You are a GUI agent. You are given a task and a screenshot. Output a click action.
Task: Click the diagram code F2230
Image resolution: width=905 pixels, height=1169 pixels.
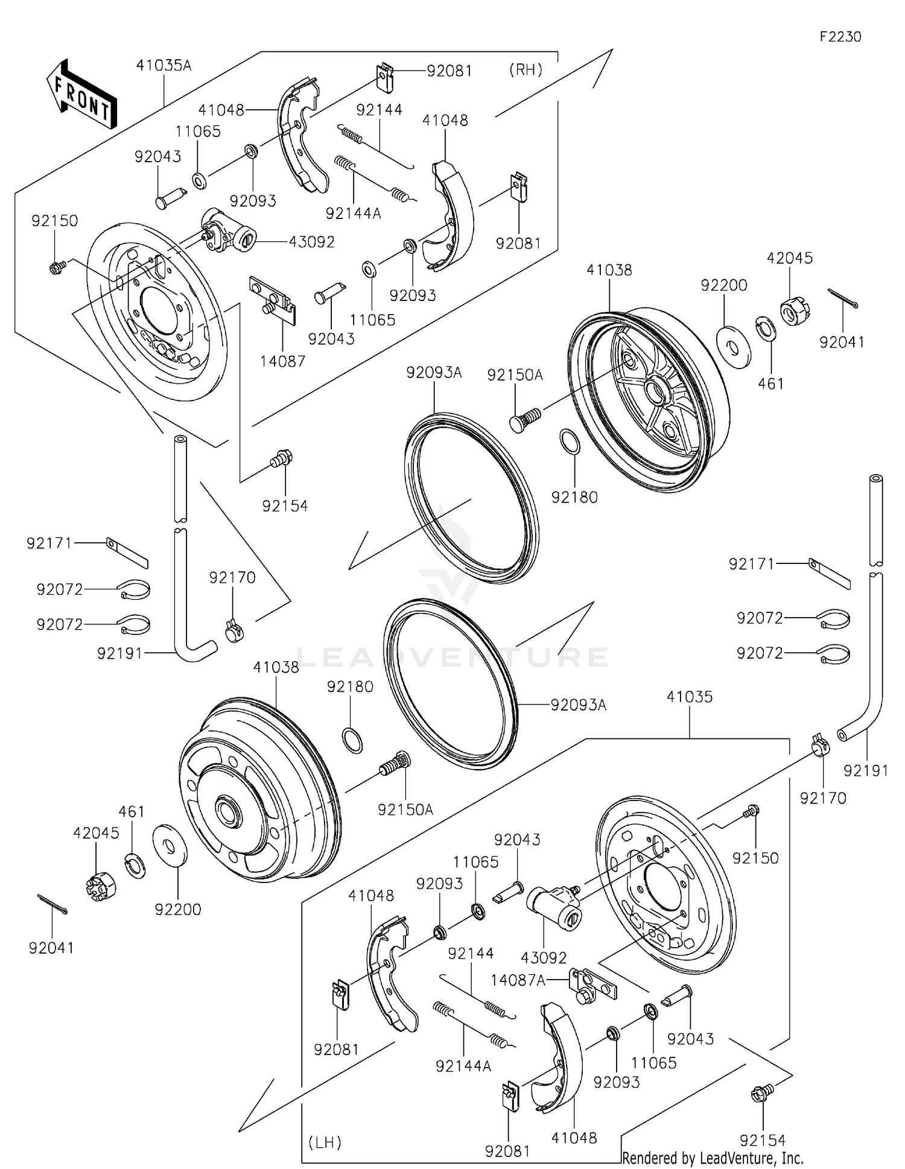point(840,37)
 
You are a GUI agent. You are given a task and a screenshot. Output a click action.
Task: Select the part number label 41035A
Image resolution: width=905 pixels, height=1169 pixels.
point(164,65)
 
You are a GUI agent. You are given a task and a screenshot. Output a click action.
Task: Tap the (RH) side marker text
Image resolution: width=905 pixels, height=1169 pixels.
point(526,69)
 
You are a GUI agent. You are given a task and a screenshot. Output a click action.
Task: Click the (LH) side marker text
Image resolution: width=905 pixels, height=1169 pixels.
point(325,1142)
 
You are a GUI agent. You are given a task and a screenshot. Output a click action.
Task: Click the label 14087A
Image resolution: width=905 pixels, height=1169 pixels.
point(518,981)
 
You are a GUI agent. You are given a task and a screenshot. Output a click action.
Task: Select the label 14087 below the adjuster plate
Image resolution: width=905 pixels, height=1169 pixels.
point(282,361)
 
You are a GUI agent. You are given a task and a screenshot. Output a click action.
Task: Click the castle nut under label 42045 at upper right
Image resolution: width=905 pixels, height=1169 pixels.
point(795,311)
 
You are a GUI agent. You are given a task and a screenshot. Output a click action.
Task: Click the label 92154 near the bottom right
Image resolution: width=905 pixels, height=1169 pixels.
point(763,1140)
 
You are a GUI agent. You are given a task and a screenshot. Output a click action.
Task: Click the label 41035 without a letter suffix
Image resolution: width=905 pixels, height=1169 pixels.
point(689,697)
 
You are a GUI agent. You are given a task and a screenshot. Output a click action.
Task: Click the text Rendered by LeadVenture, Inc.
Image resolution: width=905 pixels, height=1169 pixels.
point(713,1158)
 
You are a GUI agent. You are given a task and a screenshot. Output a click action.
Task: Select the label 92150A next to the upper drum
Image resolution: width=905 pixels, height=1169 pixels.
point(515,375)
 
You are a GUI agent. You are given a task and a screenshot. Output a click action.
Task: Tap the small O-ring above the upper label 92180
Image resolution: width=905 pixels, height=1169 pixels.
point(571,442)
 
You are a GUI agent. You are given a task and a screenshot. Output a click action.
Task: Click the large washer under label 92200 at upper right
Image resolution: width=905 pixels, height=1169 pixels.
point(734,346)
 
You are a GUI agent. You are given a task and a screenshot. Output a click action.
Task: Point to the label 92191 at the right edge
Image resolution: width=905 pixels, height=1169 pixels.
point(865,770)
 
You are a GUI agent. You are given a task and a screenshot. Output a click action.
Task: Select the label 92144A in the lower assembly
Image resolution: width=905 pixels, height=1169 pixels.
point(463,1066)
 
